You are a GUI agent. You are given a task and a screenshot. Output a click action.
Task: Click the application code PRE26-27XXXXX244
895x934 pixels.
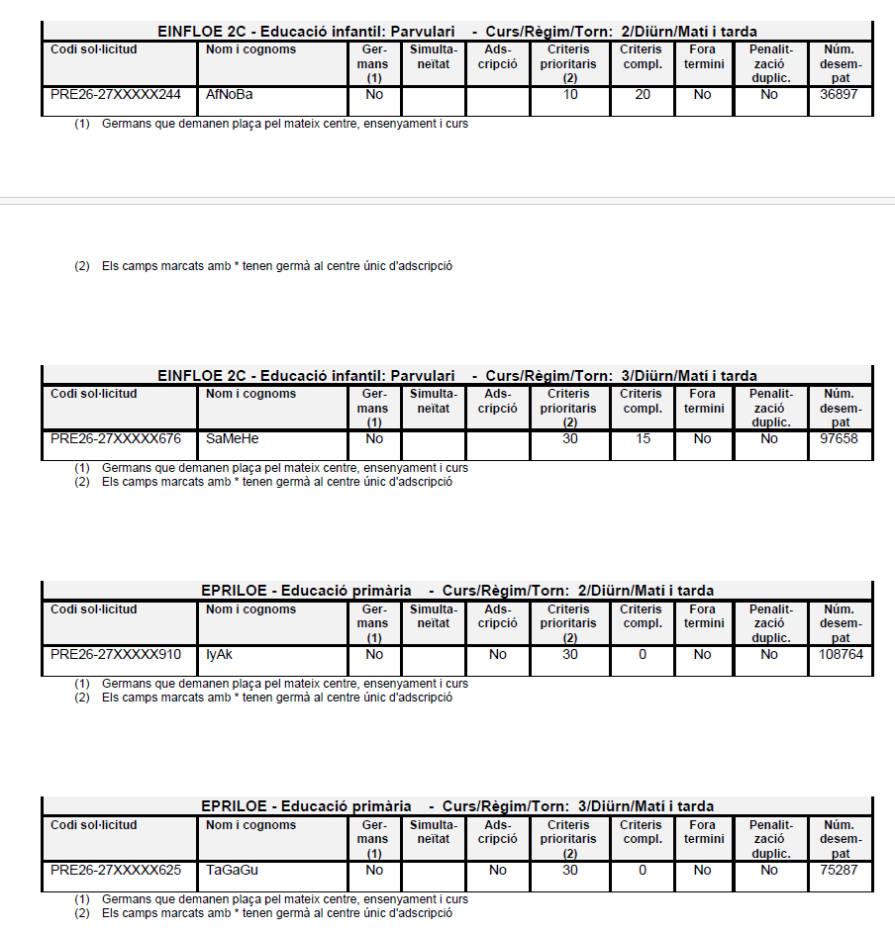pyautogui.click(x=116, y=95)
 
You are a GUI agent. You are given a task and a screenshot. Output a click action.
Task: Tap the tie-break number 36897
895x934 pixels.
pyautogui.click(x=840, y=95)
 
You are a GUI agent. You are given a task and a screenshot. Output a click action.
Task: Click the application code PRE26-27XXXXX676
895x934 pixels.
pyautogui.click(x=116, y=438)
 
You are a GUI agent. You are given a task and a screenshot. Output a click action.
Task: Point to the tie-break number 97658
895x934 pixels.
pyautogui.click(x=840, y=438)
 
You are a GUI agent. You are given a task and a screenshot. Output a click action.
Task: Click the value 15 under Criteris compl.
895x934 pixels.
pyautogui.click(x=643, y=438)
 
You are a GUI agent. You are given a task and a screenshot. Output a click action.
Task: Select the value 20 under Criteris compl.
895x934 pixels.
pyautogui.click(x=643, y=95)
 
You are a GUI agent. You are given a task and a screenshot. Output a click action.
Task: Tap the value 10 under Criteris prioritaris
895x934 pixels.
pyautogui.click(x=569, y=95)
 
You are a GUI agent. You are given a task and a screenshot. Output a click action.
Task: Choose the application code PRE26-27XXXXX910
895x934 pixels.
pyautogui.click(x=116, y=654)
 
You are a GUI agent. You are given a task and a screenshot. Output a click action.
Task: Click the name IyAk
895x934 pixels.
pyautogui.click(x=219, y=654)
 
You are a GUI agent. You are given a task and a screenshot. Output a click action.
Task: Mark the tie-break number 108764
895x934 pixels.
pyautogui.click(x=840, y=654)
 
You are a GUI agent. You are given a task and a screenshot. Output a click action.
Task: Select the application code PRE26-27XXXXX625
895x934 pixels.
pyautogui.click(x=116, y=870)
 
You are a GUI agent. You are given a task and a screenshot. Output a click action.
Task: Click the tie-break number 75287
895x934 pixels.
pyautogui.click(x=840, y=870)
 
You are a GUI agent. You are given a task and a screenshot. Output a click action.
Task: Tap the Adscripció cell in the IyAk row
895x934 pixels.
pyautogui.click(x=497, y=654)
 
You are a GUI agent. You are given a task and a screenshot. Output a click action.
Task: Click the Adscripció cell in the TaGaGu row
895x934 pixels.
pyautogui.click(x=497, y=870)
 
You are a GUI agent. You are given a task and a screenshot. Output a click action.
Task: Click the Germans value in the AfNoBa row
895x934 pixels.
pyautogui.click(x=374, y=95)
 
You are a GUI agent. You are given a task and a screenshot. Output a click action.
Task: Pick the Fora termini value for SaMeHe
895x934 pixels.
pyautogui.click(x=702, y=438)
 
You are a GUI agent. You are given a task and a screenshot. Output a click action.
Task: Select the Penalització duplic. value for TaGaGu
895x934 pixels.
pyautogui.click(x=769, y=870)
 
